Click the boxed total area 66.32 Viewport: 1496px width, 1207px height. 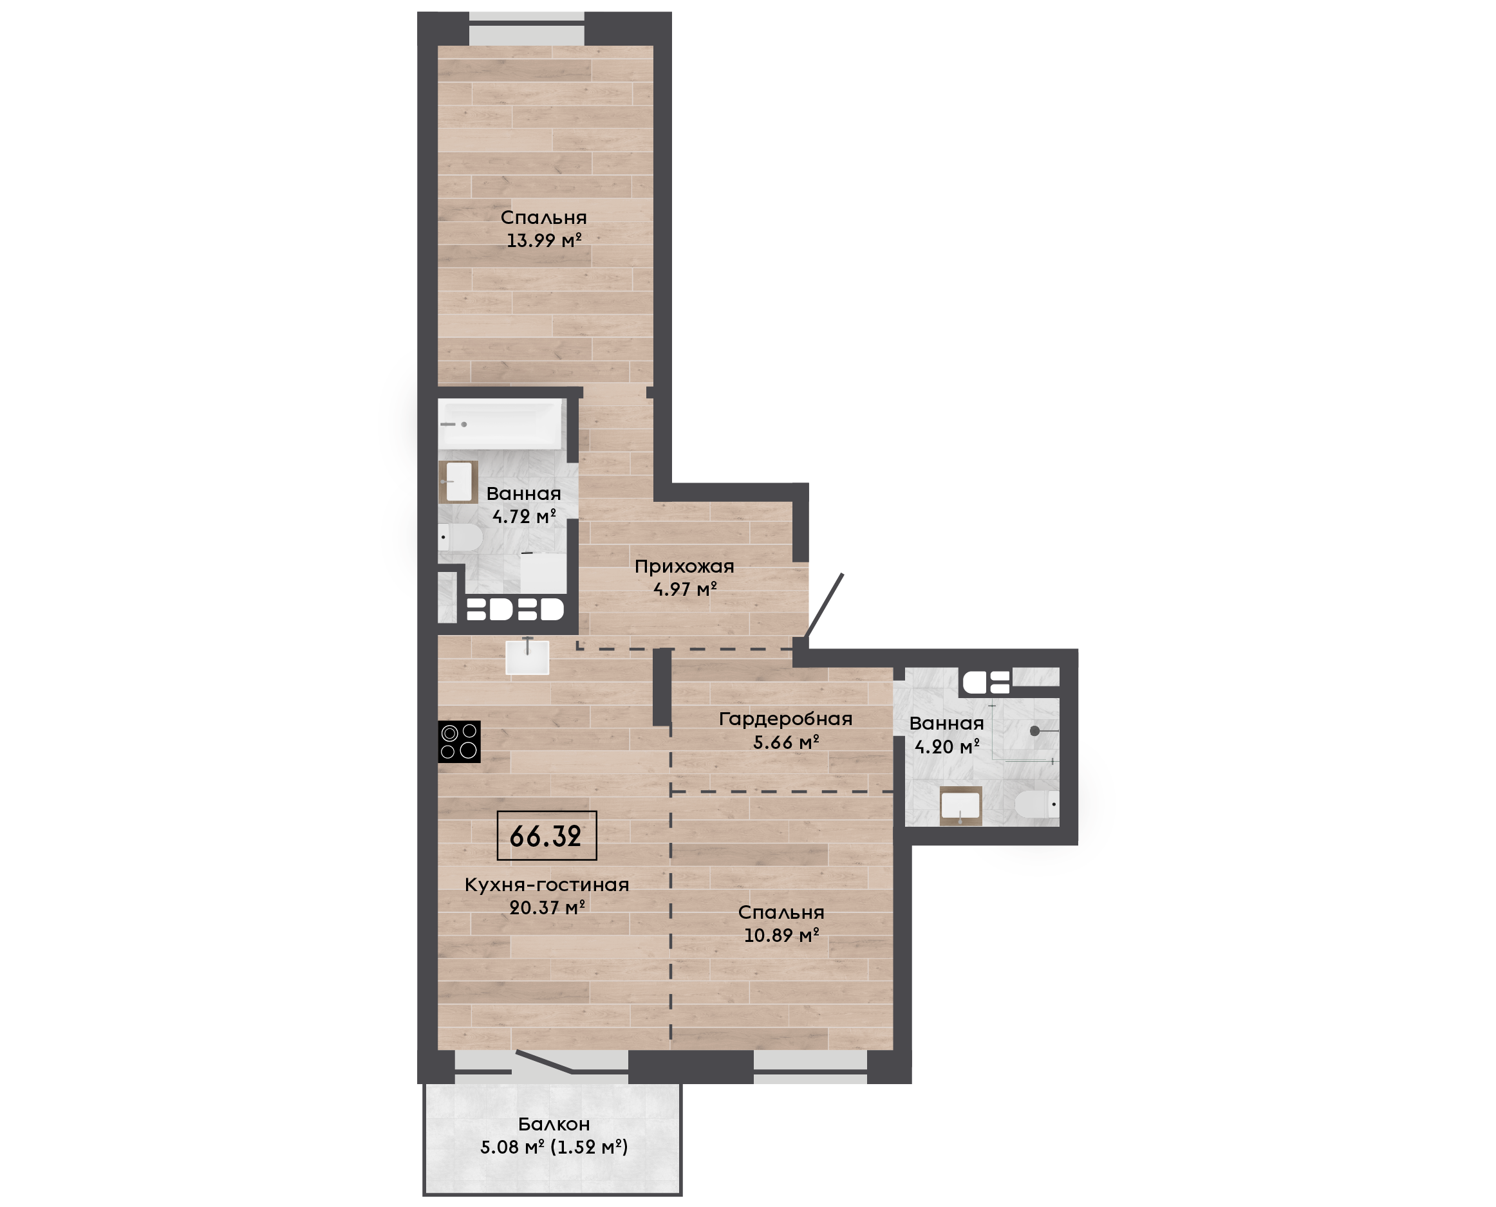pyautogui.click(x=547, y=836)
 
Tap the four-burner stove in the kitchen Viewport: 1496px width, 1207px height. pyautogui.click(x=459, y=742)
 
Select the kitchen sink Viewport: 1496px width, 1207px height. pyautogui.click(x=527, y=657)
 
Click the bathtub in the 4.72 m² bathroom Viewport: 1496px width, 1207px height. pyautogui.click(x=500, y=423)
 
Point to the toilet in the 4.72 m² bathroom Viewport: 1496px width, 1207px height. pyautogui.click(x=460, y=537)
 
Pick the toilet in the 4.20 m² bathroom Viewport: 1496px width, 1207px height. pyautogui.click(x=1037, y=805)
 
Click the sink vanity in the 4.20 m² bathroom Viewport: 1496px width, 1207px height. pyautogui.click(x=960, y=806)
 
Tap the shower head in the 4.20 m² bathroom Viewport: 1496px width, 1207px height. pyautogui.click(x=1035, y=731)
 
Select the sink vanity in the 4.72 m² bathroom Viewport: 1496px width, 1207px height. pyautogui.click(x=458, y=481)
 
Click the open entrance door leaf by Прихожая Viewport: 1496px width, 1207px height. pyautogui.click(x=824, y=605)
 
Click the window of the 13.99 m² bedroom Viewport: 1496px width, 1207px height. pyautogui.click(x=527, y=28)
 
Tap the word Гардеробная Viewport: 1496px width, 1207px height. pyautogui.click(x=786, y=719)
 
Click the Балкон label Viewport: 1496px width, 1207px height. pyautogui.click(x=554, y=1124)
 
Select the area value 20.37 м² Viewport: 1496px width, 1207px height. pyautogui.click(x=547, y=907)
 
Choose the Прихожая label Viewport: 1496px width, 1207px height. pyautogui.click(x=684, y=567)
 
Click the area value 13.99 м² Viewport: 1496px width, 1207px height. pyautogui.click(x=544, y=241)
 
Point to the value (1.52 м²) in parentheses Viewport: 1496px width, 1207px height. pyautogui.click(x=589, y=1147)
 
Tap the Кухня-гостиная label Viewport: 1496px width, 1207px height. pyautogui.click(x=547, y=885)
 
